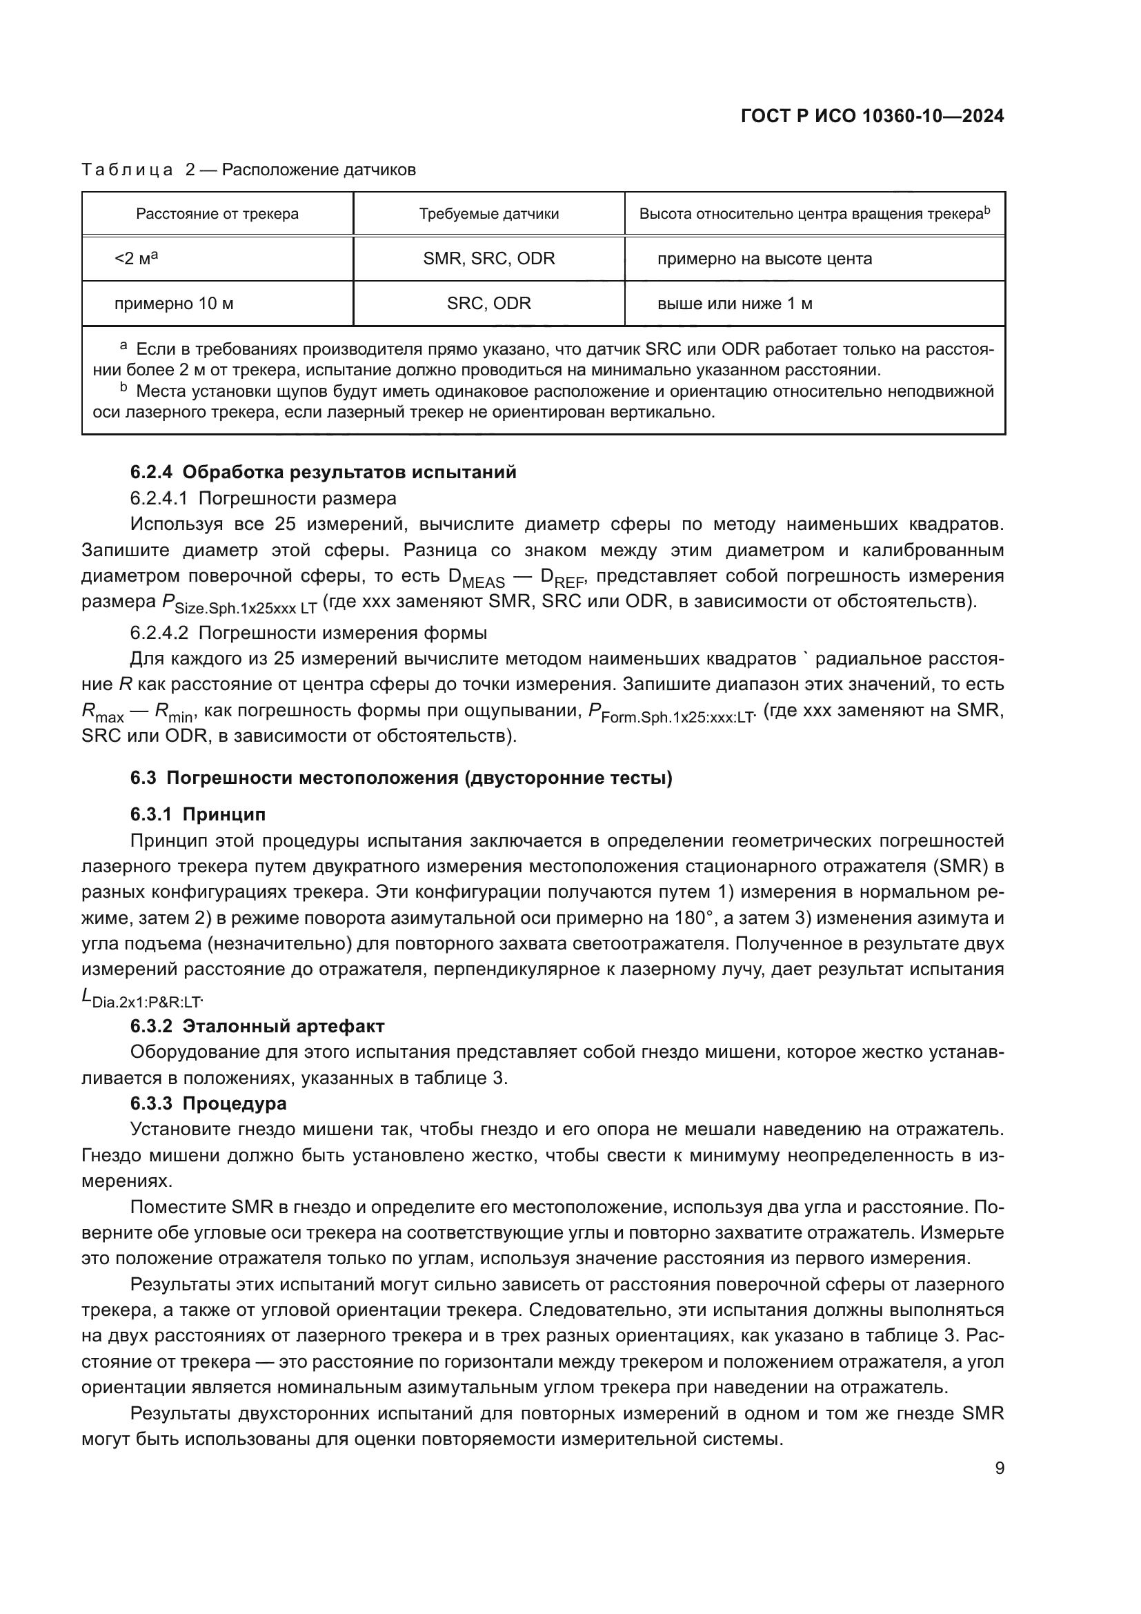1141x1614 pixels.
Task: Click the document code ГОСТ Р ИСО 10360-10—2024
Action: click(x=872, y=117)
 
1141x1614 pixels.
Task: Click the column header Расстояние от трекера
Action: click(x=217, y=215)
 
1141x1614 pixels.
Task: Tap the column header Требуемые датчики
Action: click(x=489, y=215)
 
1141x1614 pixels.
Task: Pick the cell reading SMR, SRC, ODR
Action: click(x=489, y=259)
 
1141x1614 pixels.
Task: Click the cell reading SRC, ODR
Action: click(x=489, y=304)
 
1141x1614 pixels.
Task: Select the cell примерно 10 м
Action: click(x=174, y=304)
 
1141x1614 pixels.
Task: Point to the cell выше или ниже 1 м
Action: click(x=734, y=304)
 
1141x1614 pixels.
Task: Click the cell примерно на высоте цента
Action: click(x=764, y=259)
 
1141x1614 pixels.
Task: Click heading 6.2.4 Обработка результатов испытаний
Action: click(x=323, y=473)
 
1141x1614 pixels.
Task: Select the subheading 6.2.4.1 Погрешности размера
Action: click(x=263, y=498)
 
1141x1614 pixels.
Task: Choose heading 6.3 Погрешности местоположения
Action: click(x=401, y=778)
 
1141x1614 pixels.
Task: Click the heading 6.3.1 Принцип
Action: click(x=197, y=815)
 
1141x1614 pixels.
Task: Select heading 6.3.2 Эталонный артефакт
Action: click(x=257, y=1027)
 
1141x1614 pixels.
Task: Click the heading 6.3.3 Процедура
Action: click(x=208, y=1103)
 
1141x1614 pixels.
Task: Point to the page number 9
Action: click(x=999, y=1468)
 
